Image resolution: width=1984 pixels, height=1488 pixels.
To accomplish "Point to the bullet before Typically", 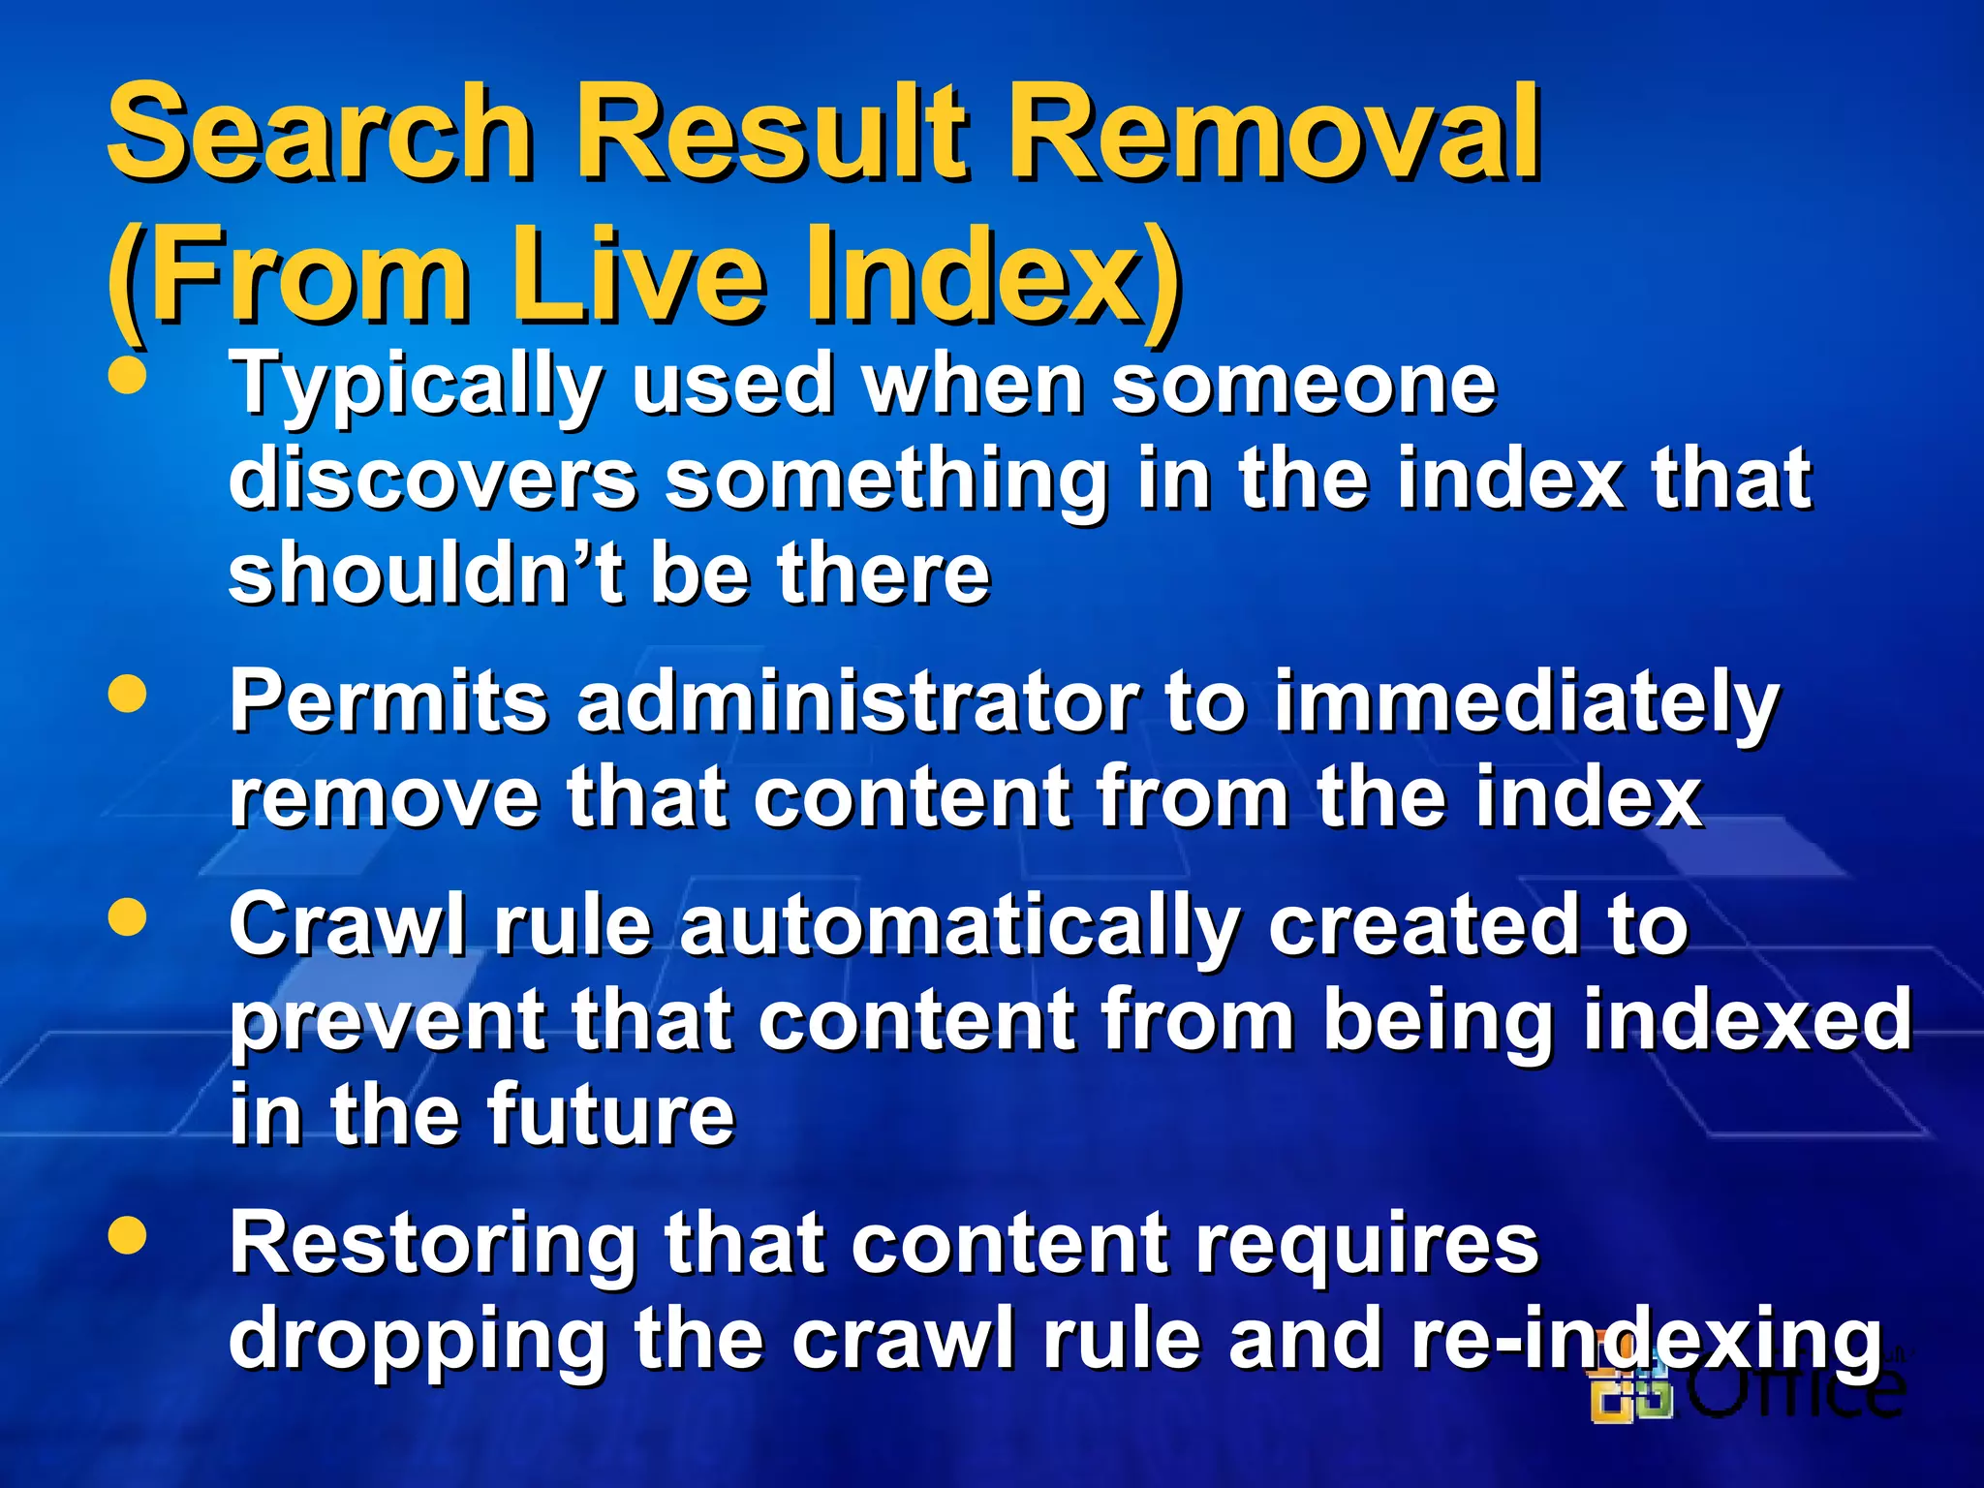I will tap(127, 377).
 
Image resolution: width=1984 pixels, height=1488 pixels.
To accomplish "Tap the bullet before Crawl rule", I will tap(127, 916).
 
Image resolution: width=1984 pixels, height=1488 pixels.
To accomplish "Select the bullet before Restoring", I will tap(127, 1234).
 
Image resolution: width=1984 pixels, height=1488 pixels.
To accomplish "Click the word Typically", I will tap(417, 386).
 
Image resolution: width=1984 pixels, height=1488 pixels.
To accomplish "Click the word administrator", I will tap(857, 701).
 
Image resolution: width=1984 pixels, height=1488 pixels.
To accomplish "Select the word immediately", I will tap(1526, 701).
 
